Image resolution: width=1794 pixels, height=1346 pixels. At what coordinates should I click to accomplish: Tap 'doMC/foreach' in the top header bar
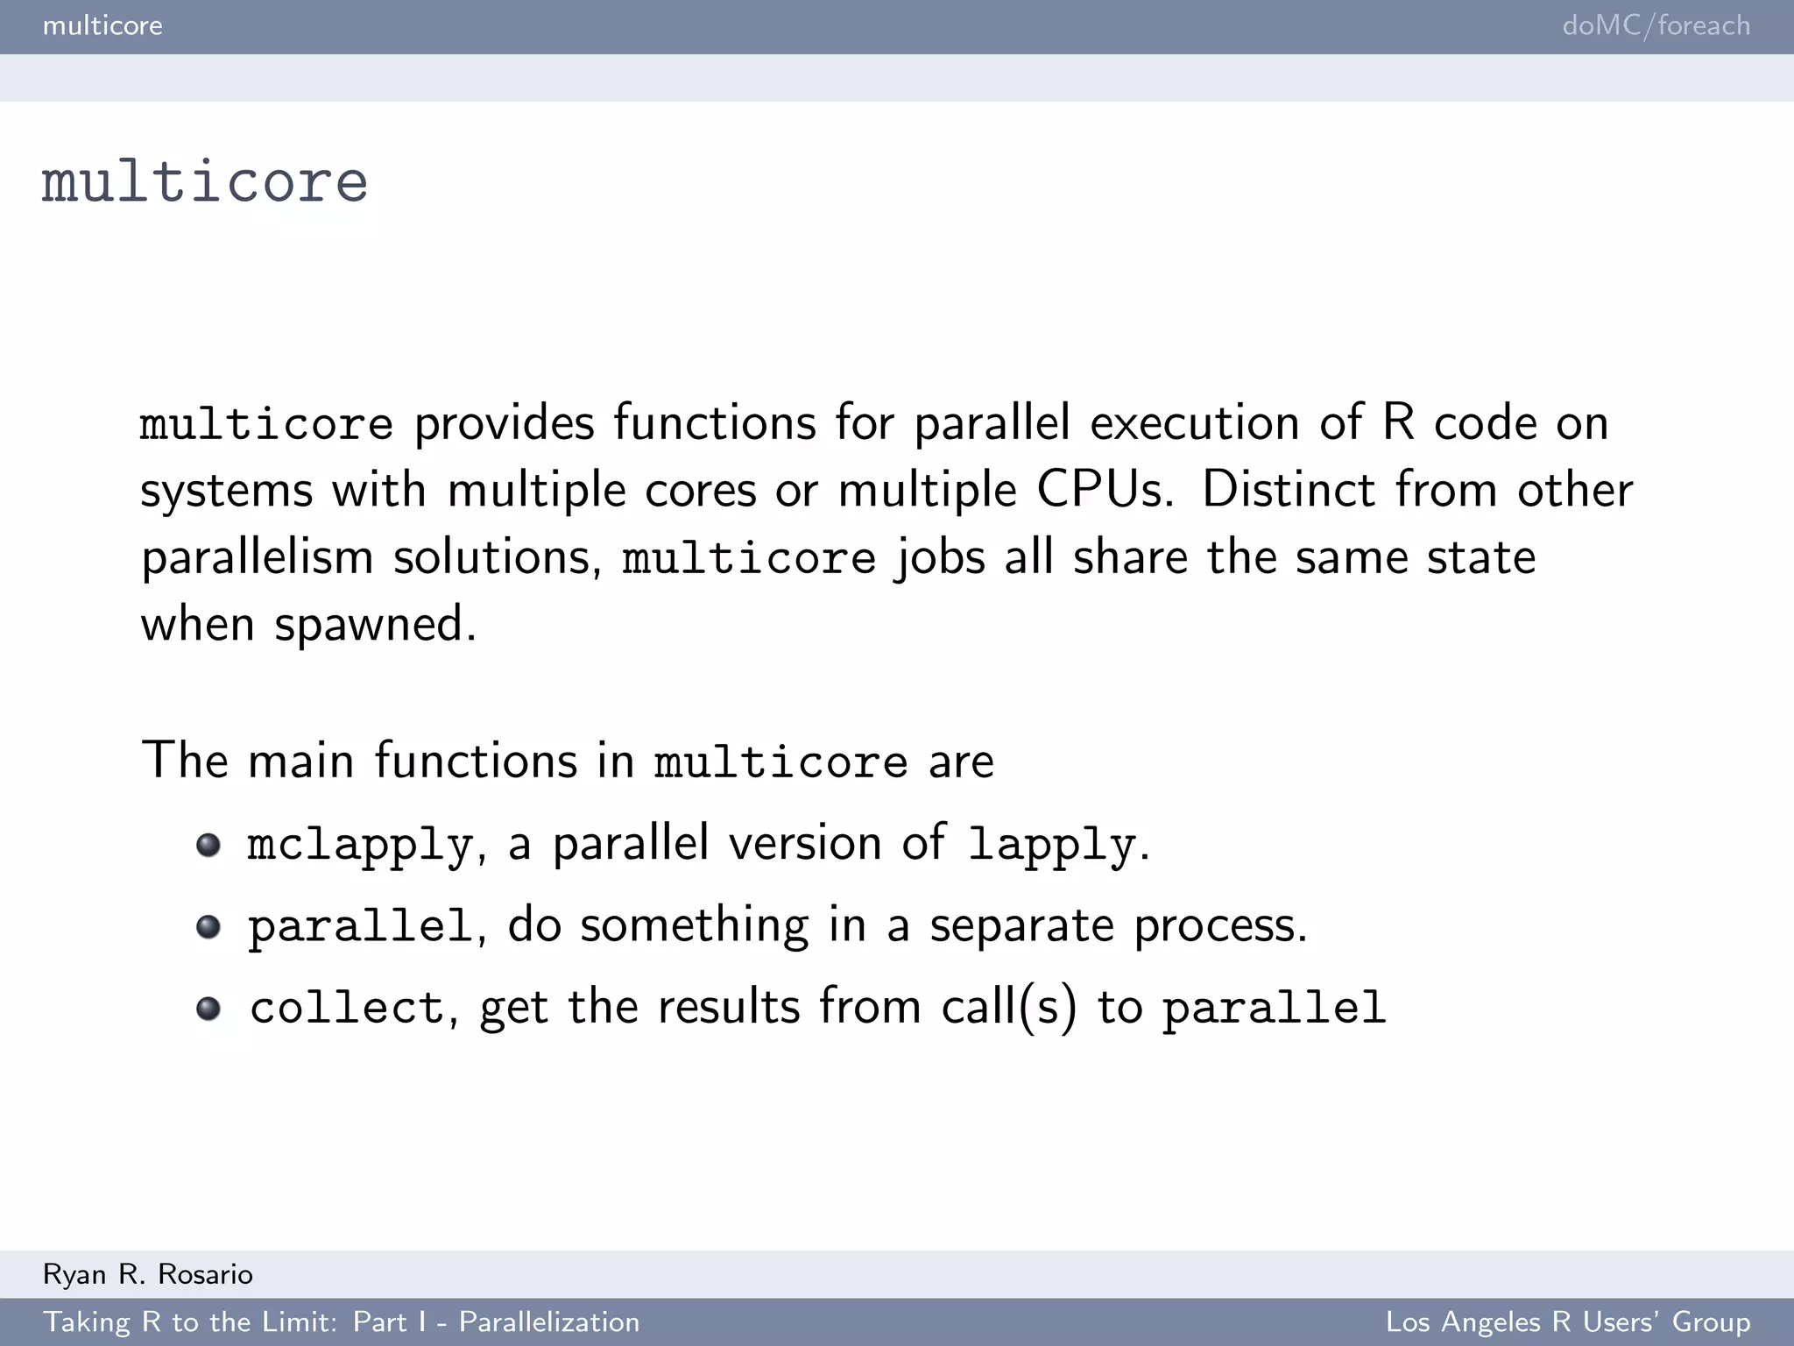point(1656,25)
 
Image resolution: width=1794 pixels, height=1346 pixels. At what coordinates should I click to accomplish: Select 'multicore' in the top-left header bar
point(102,25)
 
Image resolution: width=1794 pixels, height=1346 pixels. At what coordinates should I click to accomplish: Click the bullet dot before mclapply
point(208,845)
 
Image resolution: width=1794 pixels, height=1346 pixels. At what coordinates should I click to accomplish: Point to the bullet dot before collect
point(208,1008)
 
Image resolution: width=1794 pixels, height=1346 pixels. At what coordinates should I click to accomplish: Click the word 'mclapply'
point(360,845)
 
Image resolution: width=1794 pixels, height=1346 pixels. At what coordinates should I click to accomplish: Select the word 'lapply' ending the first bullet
point(1052,845)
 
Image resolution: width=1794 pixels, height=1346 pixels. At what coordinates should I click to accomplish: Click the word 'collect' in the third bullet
point(347,1008)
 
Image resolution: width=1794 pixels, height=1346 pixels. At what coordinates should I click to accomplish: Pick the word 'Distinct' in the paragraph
point(1288,489)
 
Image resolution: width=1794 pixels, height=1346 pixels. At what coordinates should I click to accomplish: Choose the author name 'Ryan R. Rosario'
point(147,1274)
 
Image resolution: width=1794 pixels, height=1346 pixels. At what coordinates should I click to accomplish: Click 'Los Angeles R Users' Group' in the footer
point(1568,1321)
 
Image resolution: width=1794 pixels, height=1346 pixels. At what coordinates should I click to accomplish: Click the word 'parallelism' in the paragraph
point(257,557)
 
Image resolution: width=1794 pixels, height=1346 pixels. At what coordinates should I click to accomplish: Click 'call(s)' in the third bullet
point(1009,1008)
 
